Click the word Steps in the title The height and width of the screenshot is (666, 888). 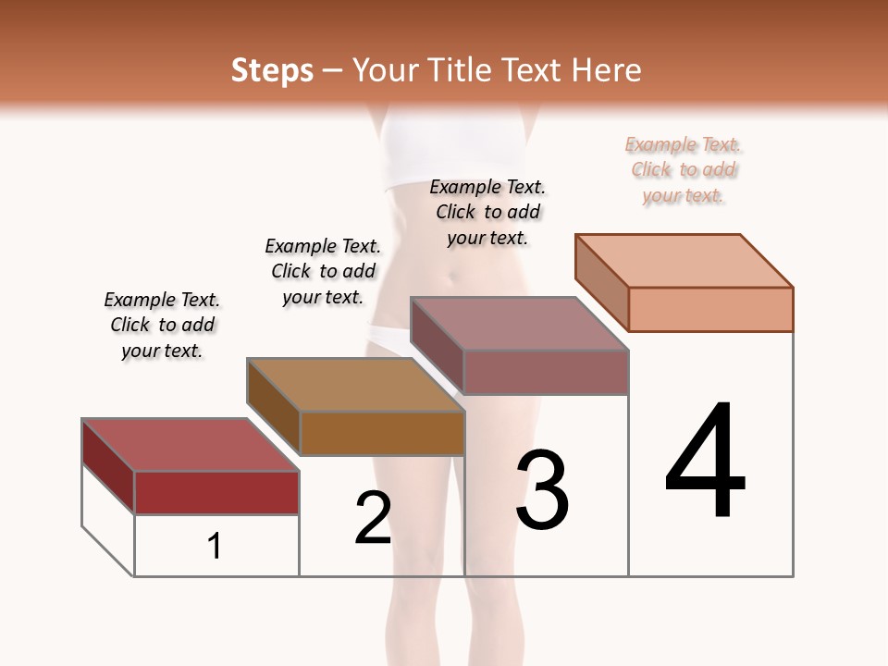coord(272,71)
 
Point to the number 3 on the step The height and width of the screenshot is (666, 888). coord(541,490)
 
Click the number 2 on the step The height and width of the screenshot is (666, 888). coord(373,518)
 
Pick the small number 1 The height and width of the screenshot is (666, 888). coord(215,546)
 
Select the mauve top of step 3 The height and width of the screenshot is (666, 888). coord(520,324)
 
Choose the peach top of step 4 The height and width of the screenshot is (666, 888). coord(684,261)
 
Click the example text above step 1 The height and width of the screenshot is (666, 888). coord(162,326)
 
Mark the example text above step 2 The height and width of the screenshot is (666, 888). coord(323,272)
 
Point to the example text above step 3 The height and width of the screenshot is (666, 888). coord(487,213)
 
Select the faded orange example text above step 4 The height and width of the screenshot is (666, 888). coord(684,170)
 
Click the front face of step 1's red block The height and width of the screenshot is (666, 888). coord(216,492)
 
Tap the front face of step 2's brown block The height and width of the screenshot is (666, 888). coord(382,433)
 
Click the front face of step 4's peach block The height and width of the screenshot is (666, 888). coord(710,309)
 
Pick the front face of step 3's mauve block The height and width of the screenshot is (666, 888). coord(546,372)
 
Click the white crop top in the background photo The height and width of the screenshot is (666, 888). coord(435,153)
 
